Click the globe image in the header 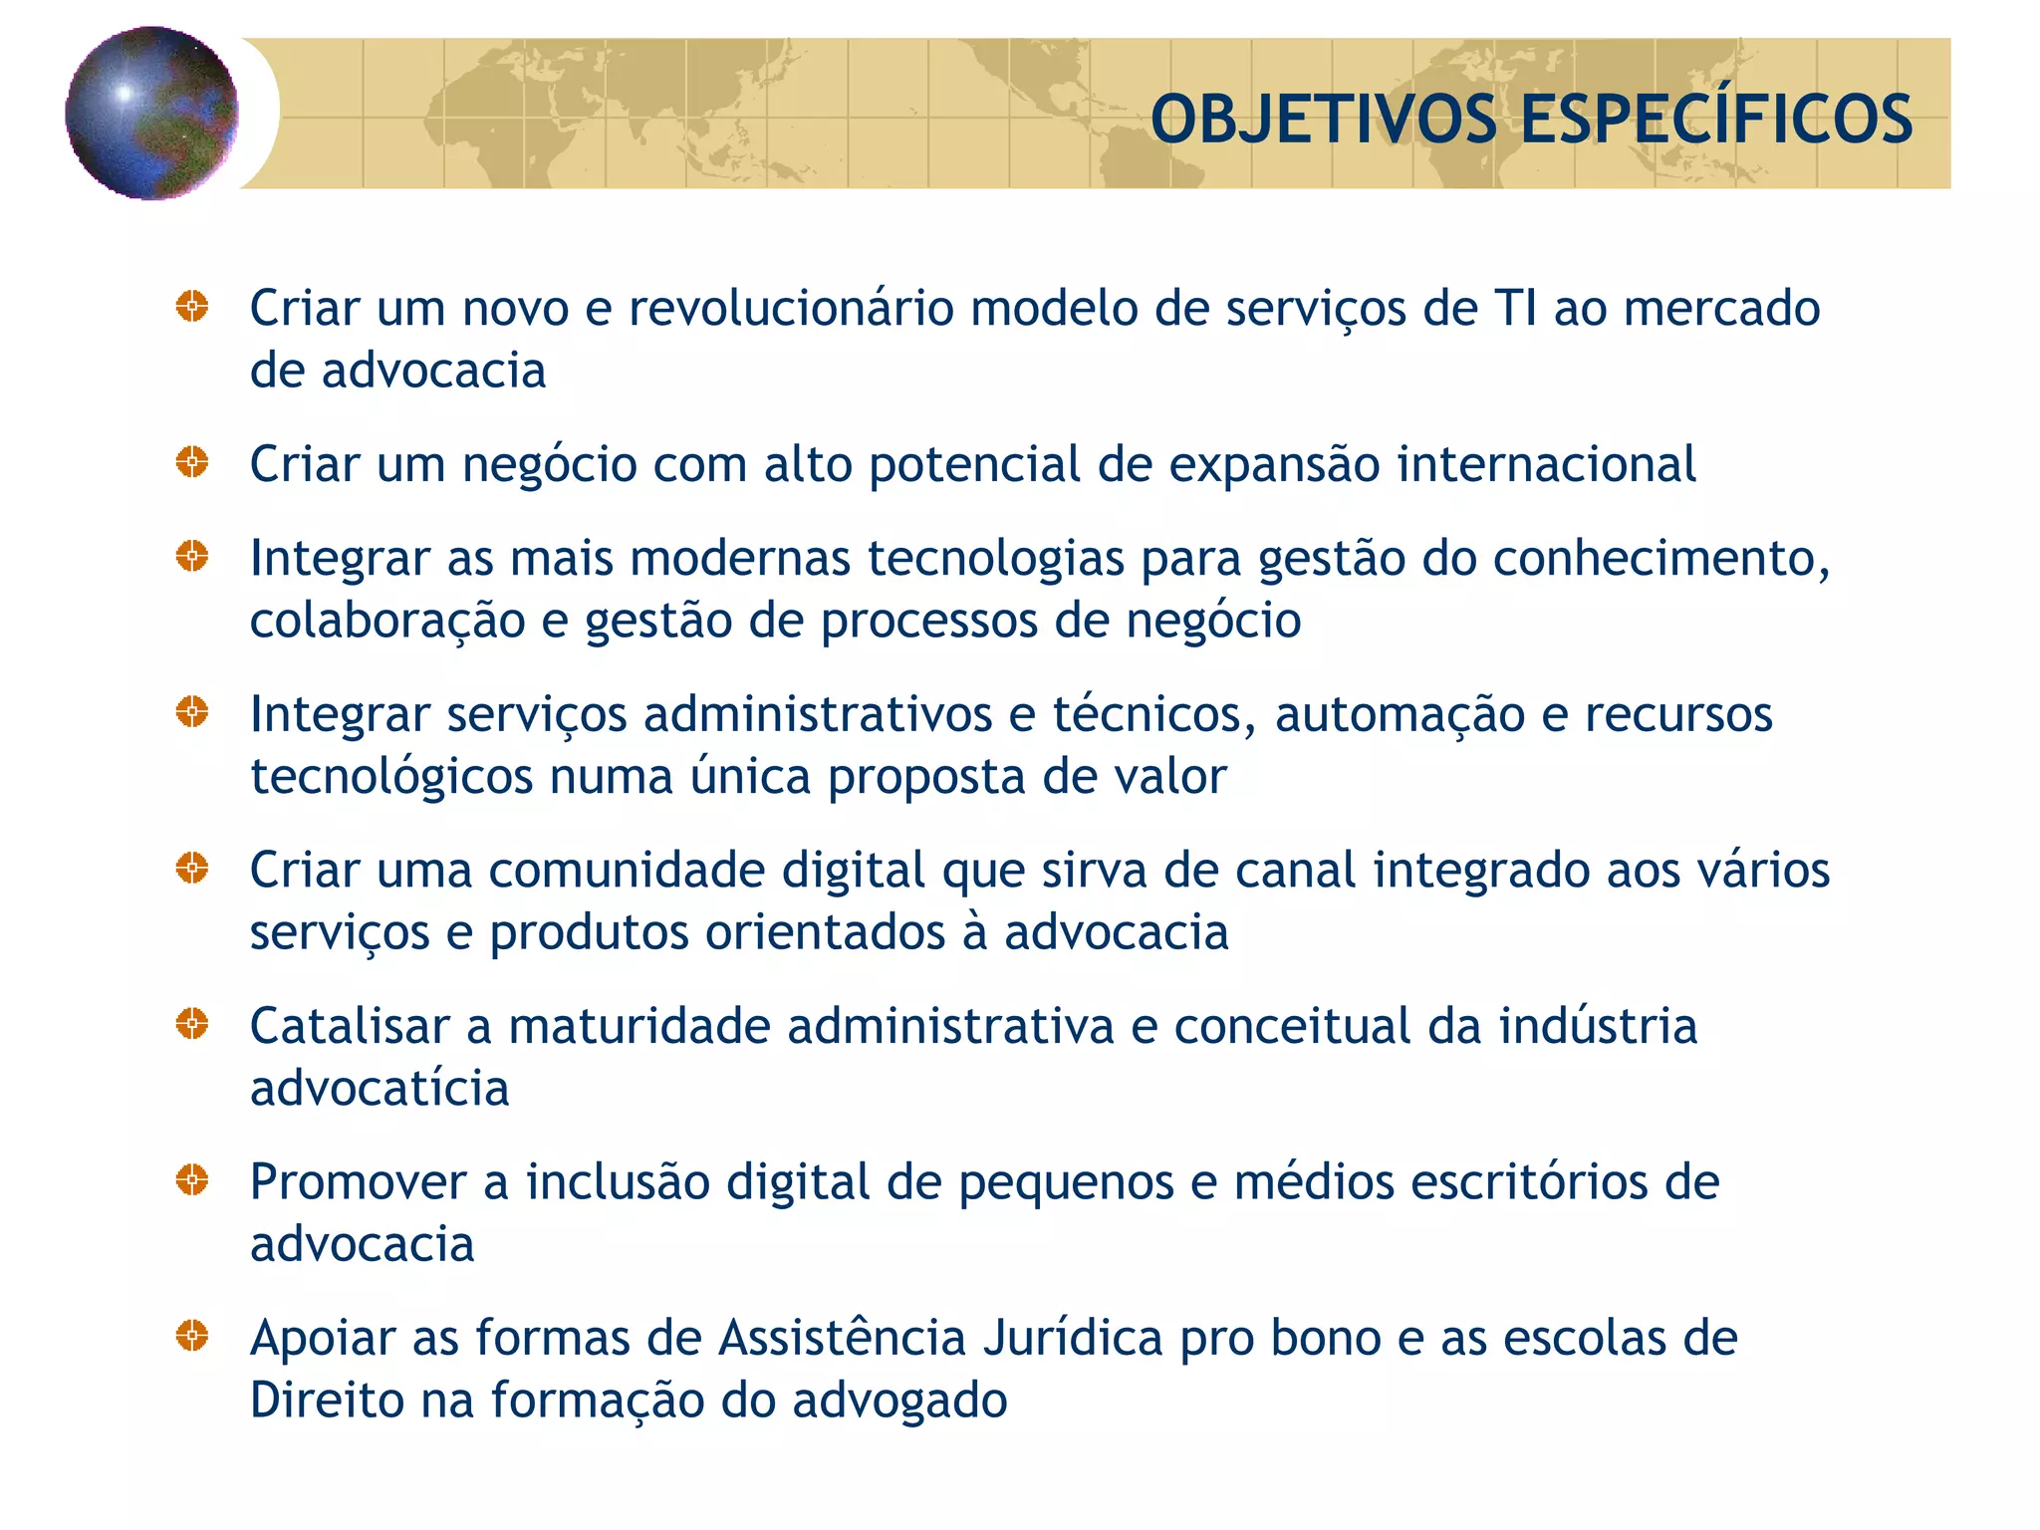click(151, 113)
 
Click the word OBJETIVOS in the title click(1323, 120)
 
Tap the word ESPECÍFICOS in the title click(1715, 120)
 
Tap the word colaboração click(387, 622)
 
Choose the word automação click(1400, 714)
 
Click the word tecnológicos click(391, 777)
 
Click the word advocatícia click(380, 1088)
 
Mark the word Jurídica click(1073, 1338)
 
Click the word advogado click(899, 1401)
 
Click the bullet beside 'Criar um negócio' click(192, 462)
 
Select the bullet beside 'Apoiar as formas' click(192, 1336)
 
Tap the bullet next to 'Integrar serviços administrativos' click(192, 712)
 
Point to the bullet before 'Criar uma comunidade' click(192, 868)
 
